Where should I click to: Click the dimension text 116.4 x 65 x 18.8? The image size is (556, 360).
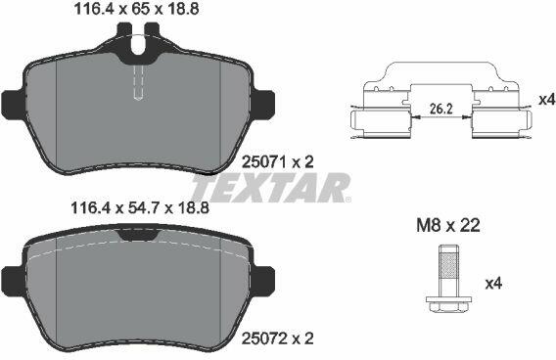coord(136,9)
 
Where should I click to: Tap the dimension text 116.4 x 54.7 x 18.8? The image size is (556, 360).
coord(140,208)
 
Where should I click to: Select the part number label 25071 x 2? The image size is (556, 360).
coord(277,162)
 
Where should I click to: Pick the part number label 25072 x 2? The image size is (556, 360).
coord(277,339)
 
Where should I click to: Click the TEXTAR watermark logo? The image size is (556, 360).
coord(271,187)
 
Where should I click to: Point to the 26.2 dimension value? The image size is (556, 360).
coord(441,110)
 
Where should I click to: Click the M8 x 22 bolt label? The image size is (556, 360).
coord(448,225)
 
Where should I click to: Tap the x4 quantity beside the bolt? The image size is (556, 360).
coord(493,284)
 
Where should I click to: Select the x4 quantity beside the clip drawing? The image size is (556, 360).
coord(546,100)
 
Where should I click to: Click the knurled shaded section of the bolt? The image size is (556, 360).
coord(447,266)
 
